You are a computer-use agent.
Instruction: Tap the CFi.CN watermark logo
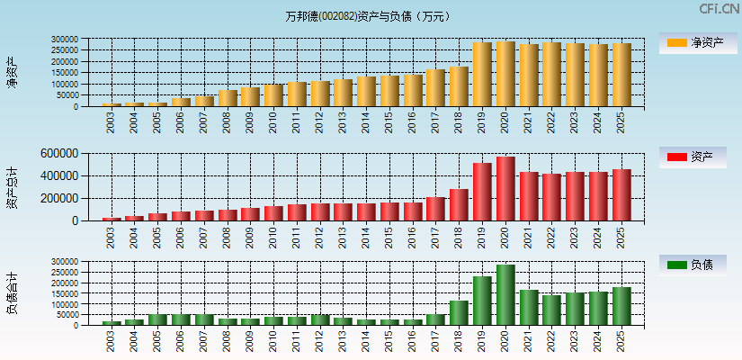tap(719, 9)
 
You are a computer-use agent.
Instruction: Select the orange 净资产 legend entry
tap(698, 43)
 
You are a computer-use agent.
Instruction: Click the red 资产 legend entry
tap(698, 157)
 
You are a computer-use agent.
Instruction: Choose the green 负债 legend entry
tap(698, 265)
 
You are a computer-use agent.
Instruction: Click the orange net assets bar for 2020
tap(505, 74)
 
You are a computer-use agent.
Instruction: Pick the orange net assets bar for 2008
tap(228, 98)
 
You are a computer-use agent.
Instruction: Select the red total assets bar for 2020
tap(505, 189)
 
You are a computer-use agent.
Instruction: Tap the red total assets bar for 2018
tap(459, 204)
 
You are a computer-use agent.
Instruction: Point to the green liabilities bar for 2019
tap(482, 301)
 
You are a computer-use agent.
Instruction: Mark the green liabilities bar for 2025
tap(621, 306)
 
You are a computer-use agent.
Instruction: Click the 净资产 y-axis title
tap(12, 72)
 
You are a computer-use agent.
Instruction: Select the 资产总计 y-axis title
tap(12, 187)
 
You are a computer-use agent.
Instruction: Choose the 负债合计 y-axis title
tap(12, 293)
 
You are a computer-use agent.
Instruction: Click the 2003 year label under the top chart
tap(111, 122)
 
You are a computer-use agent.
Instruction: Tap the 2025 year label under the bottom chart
tap(621, 340)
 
